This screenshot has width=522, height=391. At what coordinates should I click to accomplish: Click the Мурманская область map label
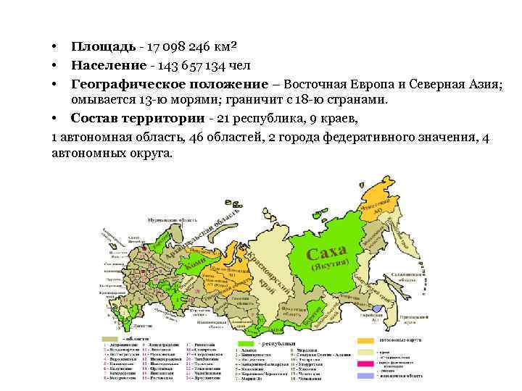pos(173,218)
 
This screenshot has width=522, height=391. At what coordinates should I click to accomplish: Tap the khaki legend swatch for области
pos(110,338)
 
